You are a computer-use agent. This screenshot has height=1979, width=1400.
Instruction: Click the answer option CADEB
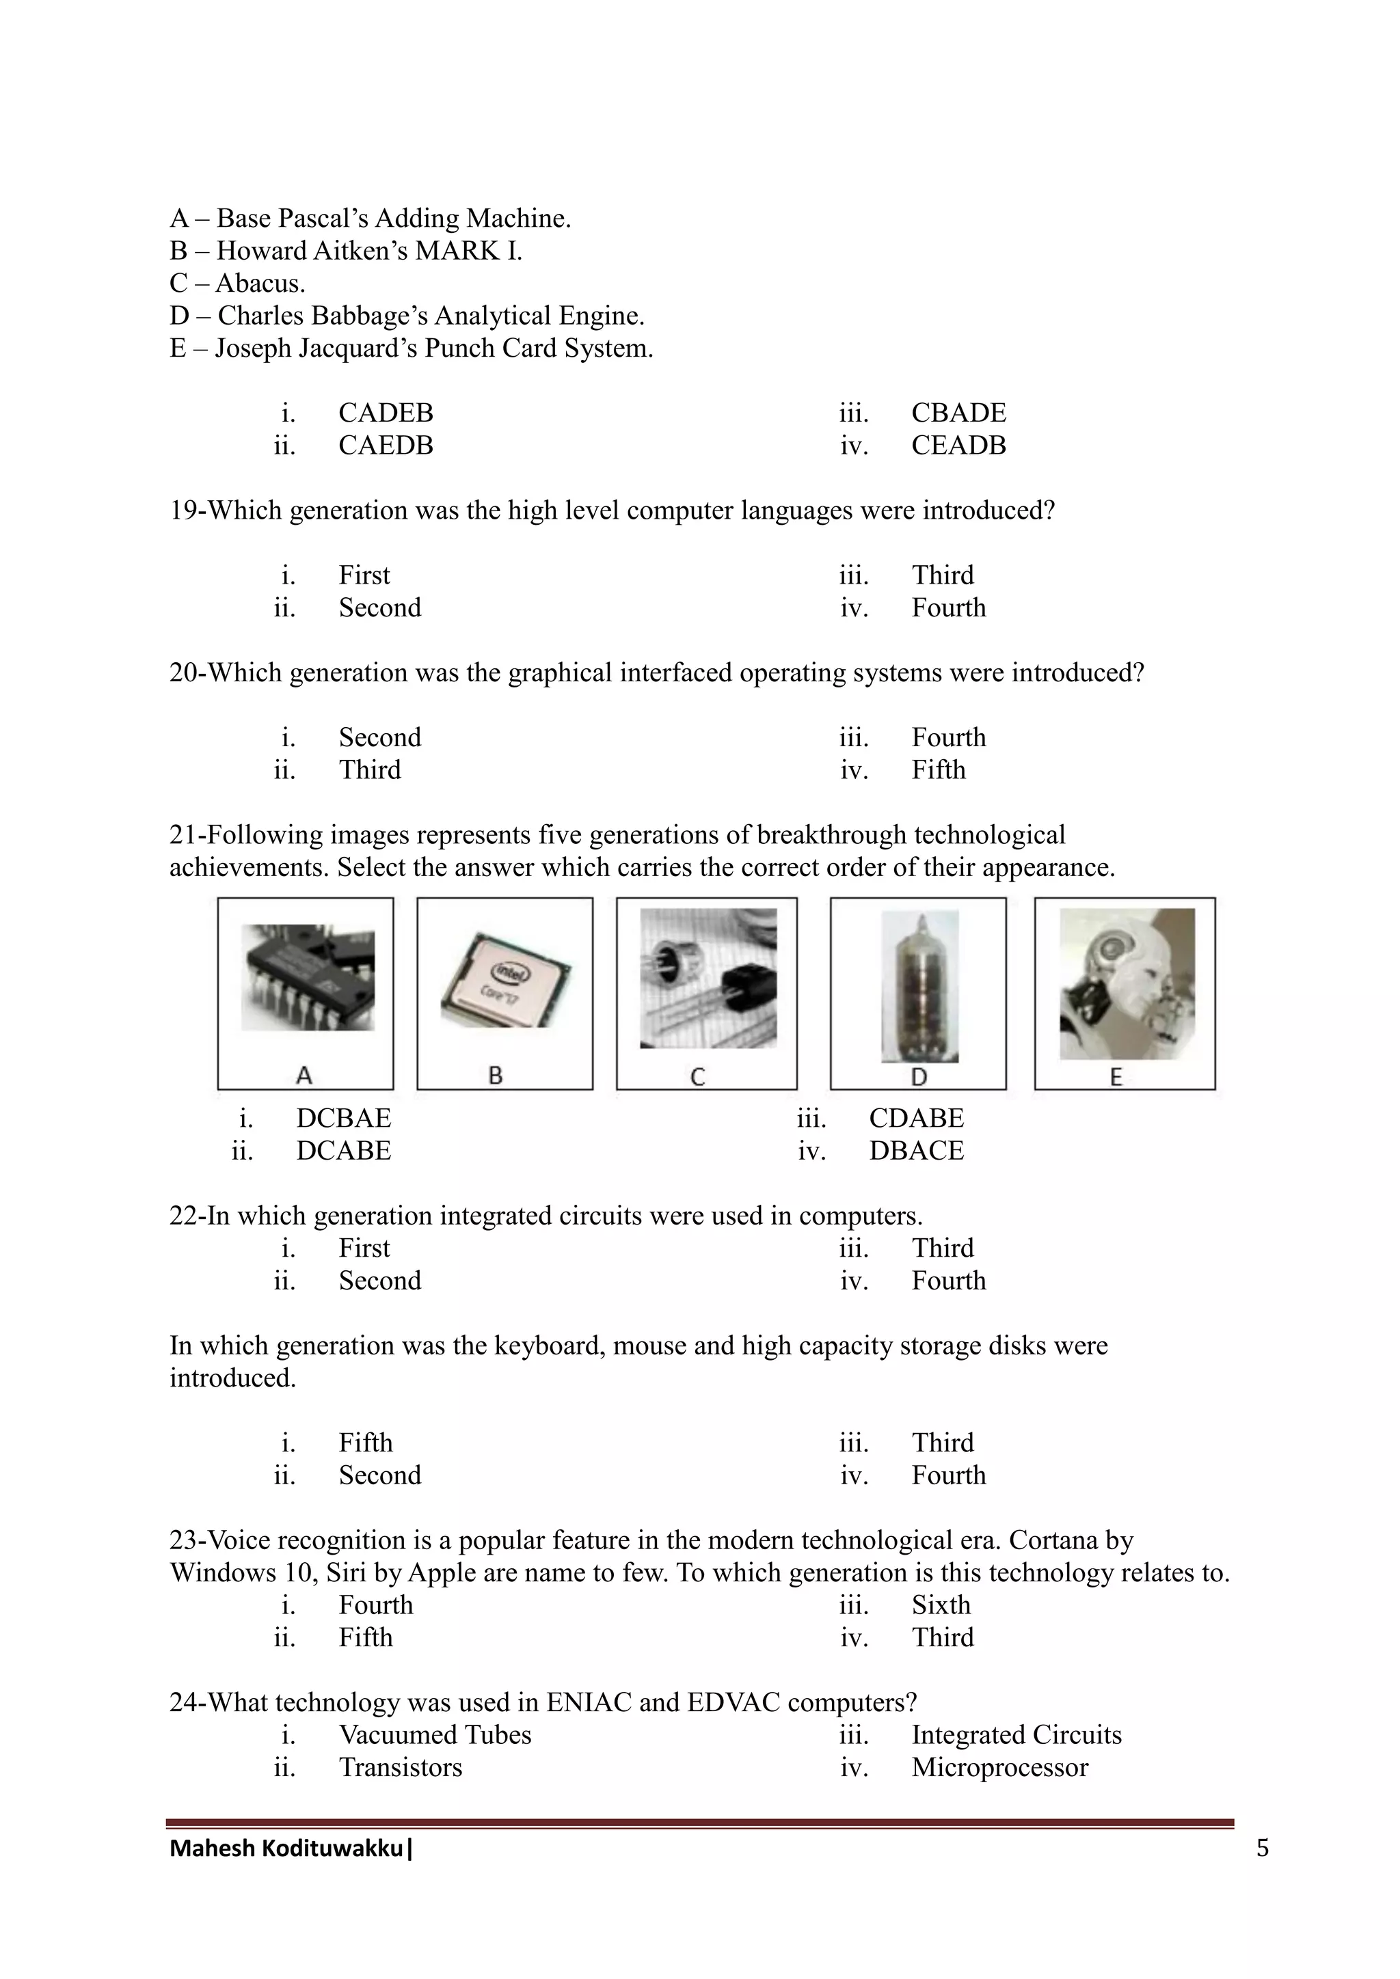(386, 413)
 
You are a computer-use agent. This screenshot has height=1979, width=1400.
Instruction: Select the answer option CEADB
(958, 446)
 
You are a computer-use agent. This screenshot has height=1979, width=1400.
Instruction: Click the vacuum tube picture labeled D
(919, 987)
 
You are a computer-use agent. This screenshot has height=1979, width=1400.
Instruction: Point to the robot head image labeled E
(1126, 983)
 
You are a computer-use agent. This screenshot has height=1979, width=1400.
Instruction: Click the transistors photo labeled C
(708, 979)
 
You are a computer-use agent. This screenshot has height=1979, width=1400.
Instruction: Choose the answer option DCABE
(343, 1151)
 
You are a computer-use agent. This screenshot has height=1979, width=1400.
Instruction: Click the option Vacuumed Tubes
(435, 1734)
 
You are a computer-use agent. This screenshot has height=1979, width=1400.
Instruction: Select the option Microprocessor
(999, 1767)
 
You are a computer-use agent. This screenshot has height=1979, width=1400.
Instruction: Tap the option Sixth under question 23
(941, 1605)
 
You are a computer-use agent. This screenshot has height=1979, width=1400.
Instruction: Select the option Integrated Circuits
(1017, 1734)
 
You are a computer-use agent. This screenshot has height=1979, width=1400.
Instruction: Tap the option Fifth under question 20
(938, 769)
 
